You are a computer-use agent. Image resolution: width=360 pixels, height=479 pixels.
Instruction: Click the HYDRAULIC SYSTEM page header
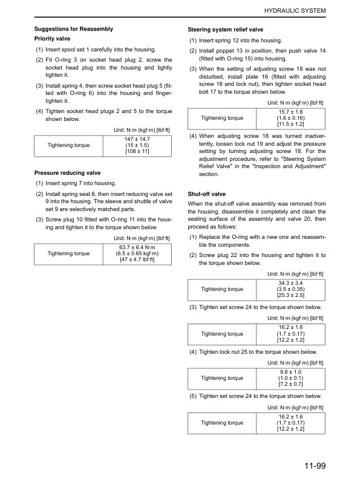click(x=295, y=11)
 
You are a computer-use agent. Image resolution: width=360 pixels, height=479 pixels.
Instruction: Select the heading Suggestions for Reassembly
click(x=73, y=29)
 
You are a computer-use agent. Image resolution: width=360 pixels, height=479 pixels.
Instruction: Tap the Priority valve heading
click(x=52, y=39)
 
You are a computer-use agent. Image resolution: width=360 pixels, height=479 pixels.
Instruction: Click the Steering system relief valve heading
click(x=225, y=29)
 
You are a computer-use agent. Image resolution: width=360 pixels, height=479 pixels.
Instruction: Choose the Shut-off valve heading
click(x=207, y=194)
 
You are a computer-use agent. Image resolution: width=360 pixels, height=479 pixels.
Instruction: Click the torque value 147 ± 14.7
click(x=137, y=138)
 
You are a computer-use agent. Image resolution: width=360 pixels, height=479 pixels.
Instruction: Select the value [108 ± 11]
click(x=137, y=151)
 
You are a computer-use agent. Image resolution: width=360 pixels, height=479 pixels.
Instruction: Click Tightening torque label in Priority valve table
click(x=70, y=145)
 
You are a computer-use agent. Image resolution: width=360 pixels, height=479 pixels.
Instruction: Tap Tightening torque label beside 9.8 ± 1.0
click(x=222, y=378)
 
